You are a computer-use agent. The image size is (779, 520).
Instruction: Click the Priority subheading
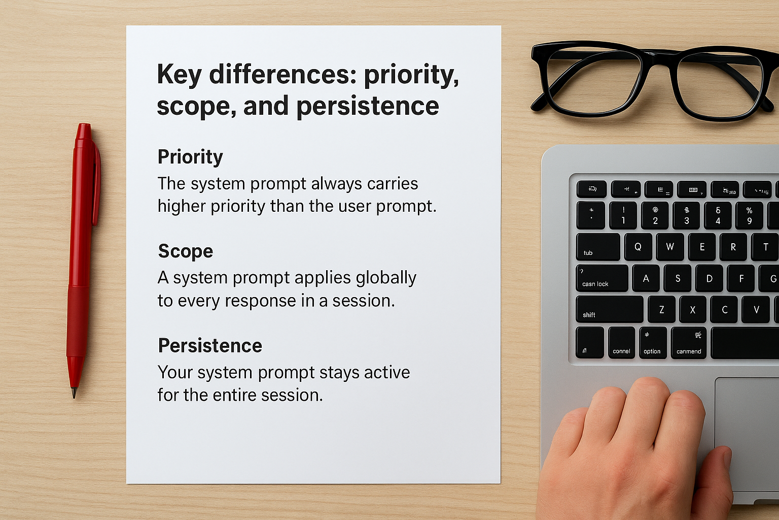click(190, 157)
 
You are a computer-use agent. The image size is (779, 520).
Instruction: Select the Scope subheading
click(185, 251)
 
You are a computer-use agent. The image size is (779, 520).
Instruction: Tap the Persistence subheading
click(210, 346)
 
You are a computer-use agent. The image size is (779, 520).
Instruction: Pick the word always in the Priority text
click(337, 183)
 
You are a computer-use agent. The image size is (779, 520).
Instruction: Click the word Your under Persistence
click(175, 372)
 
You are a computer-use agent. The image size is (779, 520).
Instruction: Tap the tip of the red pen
click(74, 393)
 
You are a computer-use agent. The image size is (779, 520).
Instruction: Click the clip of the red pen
click(96, 183)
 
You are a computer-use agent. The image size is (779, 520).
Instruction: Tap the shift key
click(609, 310)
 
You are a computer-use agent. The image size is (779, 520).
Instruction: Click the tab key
click(598, 247)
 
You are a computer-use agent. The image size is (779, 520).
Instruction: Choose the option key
click(652, 343)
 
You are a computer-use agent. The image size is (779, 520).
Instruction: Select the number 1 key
click(623, 215)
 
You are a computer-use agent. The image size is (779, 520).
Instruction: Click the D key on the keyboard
click(709, 278)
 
